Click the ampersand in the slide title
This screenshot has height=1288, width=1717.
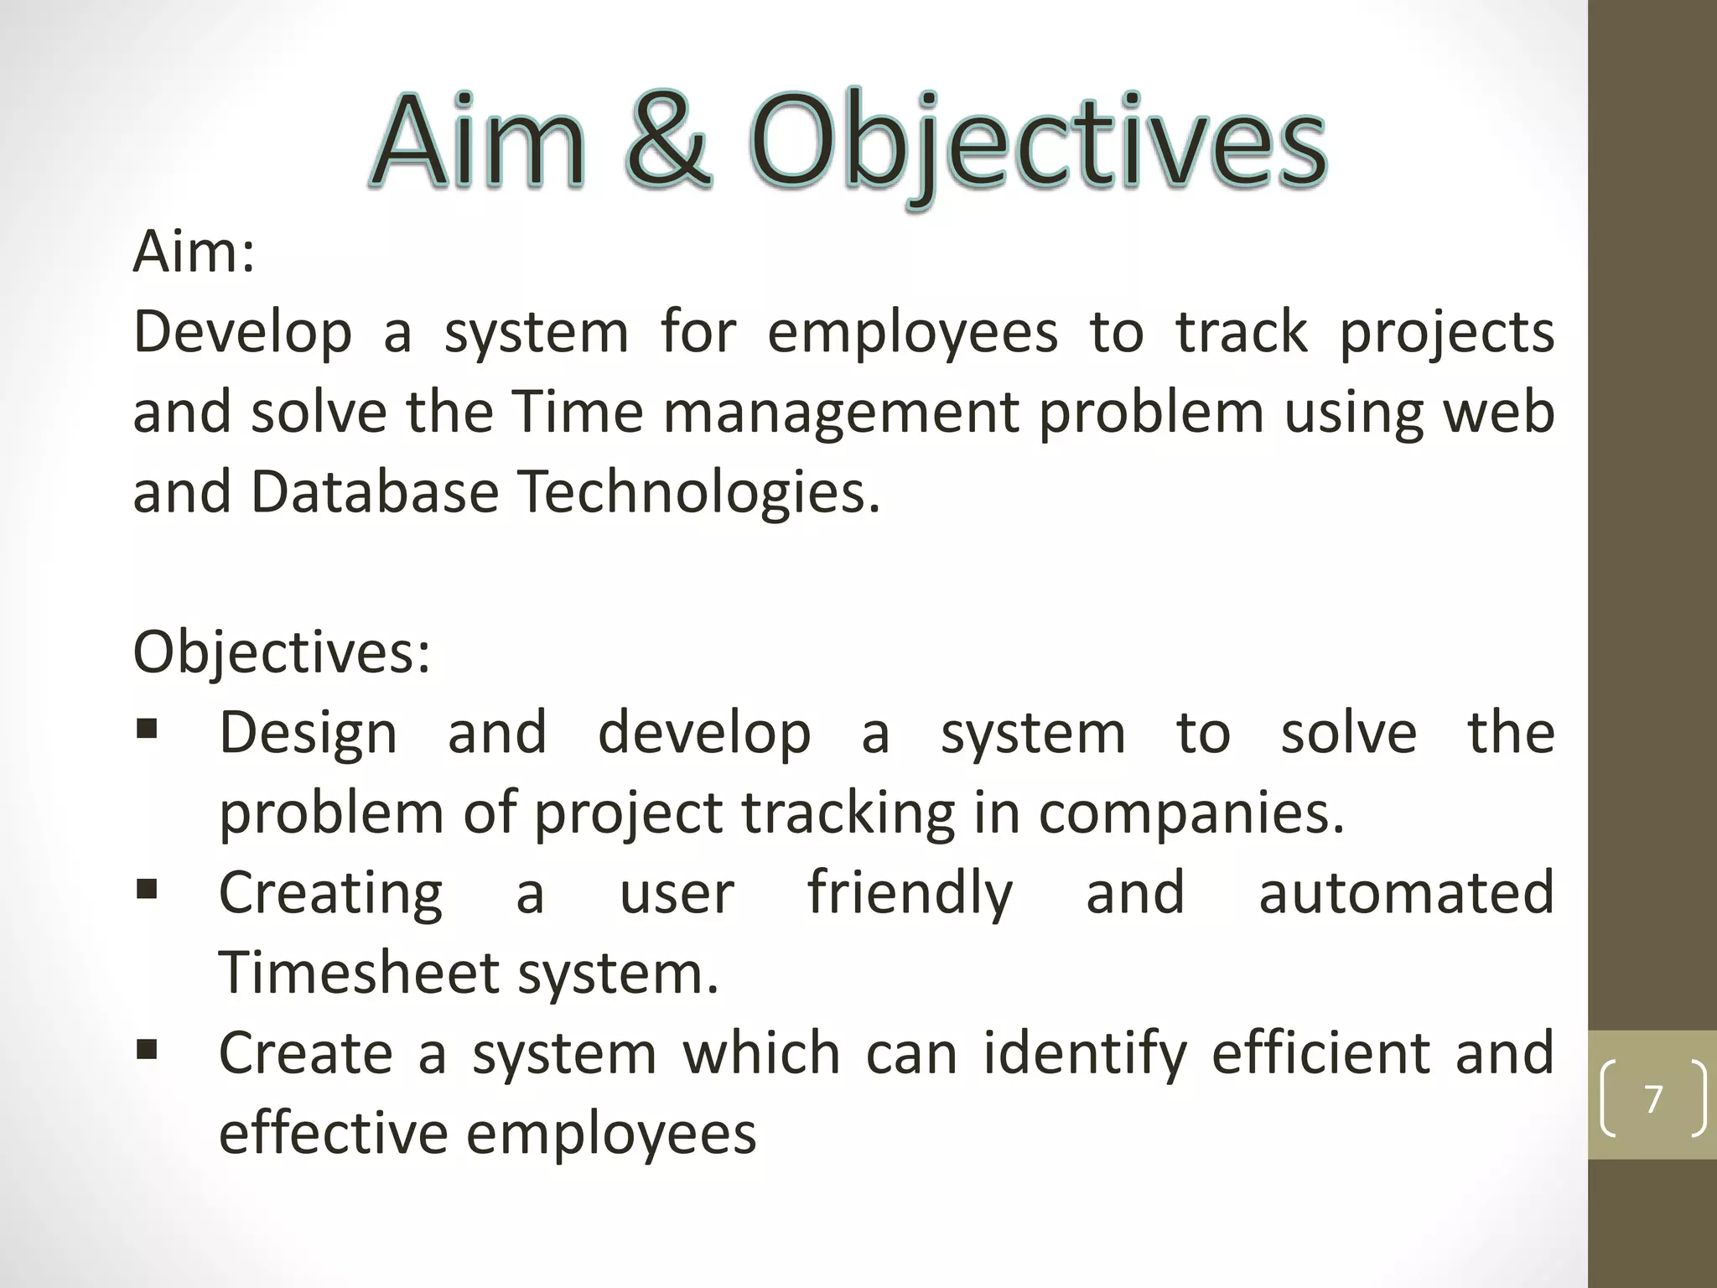pos(668,141)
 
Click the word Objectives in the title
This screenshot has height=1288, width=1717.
pos(1037,143)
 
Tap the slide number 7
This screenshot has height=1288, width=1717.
pos(1653,1099)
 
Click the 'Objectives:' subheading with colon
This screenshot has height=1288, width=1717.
pos(282,652)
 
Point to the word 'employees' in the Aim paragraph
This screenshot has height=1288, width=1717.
pos(912,333)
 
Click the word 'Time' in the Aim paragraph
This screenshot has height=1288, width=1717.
pos(578,413)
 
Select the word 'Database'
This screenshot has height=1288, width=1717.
pos(375,492)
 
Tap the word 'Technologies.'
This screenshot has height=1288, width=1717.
pos(700,492)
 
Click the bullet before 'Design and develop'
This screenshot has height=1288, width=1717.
pos(148,728)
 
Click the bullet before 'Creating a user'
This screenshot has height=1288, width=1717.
pos(148,888)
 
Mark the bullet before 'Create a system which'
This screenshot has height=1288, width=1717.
pos(148,1048)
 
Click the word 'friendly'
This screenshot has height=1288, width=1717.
pos(910,893)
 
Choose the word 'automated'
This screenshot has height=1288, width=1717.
pos(1406,893)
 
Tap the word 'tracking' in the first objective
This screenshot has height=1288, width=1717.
pos(848,813)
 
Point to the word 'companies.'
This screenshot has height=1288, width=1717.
pos(1191,813)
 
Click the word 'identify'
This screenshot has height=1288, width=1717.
pos(1085,1053)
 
